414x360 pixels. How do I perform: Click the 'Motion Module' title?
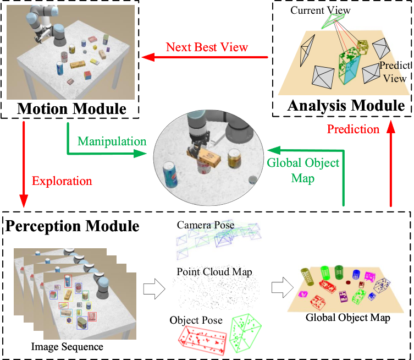pyautogui.click(x=71, y=108)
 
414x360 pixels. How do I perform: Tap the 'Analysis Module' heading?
pyautogui.click(x=346, y=106)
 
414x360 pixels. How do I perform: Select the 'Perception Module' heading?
pyautogui.click(x=73, y=226)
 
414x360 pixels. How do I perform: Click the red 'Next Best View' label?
pyautogui.click(x=207, y=47)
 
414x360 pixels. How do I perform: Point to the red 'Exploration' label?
pyautogui.click(x=62, y=181)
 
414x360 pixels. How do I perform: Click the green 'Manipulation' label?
pyautogui.click(x=112, y=141)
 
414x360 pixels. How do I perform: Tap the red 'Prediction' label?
pyautogui.click(x=353, y=129)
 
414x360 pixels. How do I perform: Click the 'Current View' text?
pyautogui.click(x=321, y=10)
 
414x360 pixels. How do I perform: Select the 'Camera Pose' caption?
pyautogui.click(x=206, y=225)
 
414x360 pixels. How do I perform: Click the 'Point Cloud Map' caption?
pyautogui.click(x=214, y=272)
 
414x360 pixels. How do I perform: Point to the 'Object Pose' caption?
pyautogui.click(x=196, y=320)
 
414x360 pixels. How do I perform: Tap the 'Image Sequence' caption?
pyautogui.click(x=67, y=347)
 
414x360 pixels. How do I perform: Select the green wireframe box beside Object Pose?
pyautogui.click(x=245, y=333)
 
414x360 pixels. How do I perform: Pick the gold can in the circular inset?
pyautogui.click(x=234, y=159)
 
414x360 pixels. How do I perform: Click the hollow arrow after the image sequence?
pyautogui.click(x=154, y=288)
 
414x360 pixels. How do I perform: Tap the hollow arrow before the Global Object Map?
pyautogui.click(x=283, y=287)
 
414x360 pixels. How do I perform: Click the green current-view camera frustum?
pyautogui.click(x=333, y=20)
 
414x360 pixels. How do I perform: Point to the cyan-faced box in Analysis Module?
pyautogui.click(x=350, y=66)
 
